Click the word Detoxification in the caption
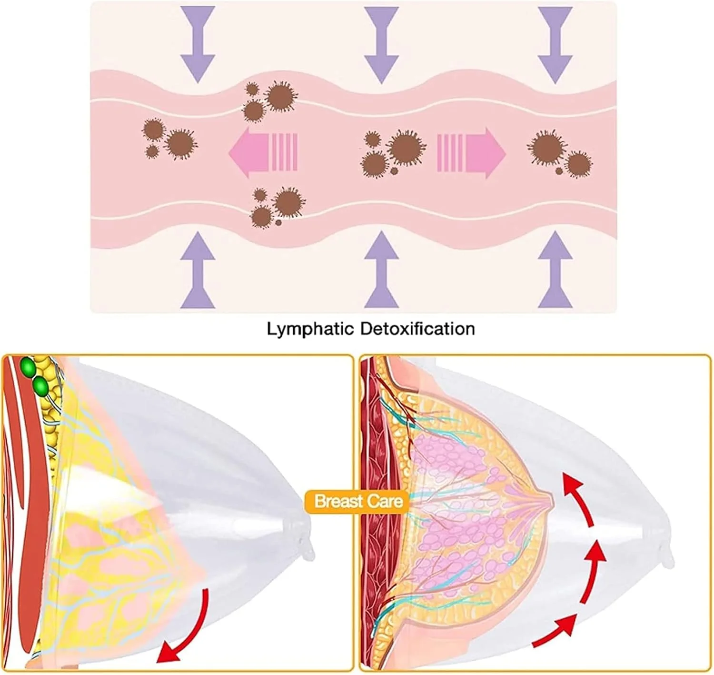(x=417, y=329)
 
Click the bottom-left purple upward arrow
(x=198, y=272)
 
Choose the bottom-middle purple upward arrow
(x=381, y=272)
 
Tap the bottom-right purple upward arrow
(x=555, y=272)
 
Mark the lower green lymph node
(x=40, y=386)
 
